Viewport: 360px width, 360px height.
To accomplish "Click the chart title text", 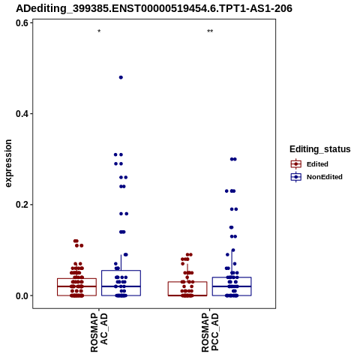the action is (x=154, y=9).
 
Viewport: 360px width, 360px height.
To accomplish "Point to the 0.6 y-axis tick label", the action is (x=21, y=23).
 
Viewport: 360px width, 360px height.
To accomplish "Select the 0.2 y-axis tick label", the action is (x=21, y=205).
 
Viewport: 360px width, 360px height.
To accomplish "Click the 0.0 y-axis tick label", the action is (x=21, y=295).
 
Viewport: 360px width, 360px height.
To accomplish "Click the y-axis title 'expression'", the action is (x=8, y=163).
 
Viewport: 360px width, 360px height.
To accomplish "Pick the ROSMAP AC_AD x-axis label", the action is (x=99, y=332).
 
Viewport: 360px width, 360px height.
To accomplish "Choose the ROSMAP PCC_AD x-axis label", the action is (x=210, y=332).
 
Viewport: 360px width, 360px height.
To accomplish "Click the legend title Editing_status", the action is (x=320, y=149).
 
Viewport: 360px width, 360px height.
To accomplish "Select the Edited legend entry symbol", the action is (x=296, y=164).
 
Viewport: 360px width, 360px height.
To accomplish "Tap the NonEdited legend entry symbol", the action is (x=296, y=177).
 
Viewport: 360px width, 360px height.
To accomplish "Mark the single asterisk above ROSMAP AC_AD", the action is (x=99, y=31).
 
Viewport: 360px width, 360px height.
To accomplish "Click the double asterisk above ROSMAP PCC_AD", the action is (x=210, y=31).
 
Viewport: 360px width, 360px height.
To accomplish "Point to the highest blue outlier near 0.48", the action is (x=121, y=77).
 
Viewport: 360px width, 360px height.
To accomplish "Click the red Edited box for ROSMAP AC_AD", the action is (x=76, y=278).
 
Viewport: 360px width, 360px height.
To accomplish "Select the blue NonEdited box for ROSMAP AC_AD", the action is (x=121, y=271).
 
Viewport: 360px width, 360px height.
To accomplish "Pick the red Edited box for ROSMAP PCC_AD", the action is (x=187, y=282).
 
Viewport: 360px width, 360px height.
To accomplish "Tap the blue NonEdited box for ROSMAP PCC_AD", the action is (x=232, y=277).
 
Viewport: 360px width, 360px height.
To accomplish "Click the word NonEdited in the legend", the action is (x=325, y=177).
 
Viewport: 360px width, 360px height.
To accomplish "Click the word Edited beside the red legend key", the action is (x=317, y=164).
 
